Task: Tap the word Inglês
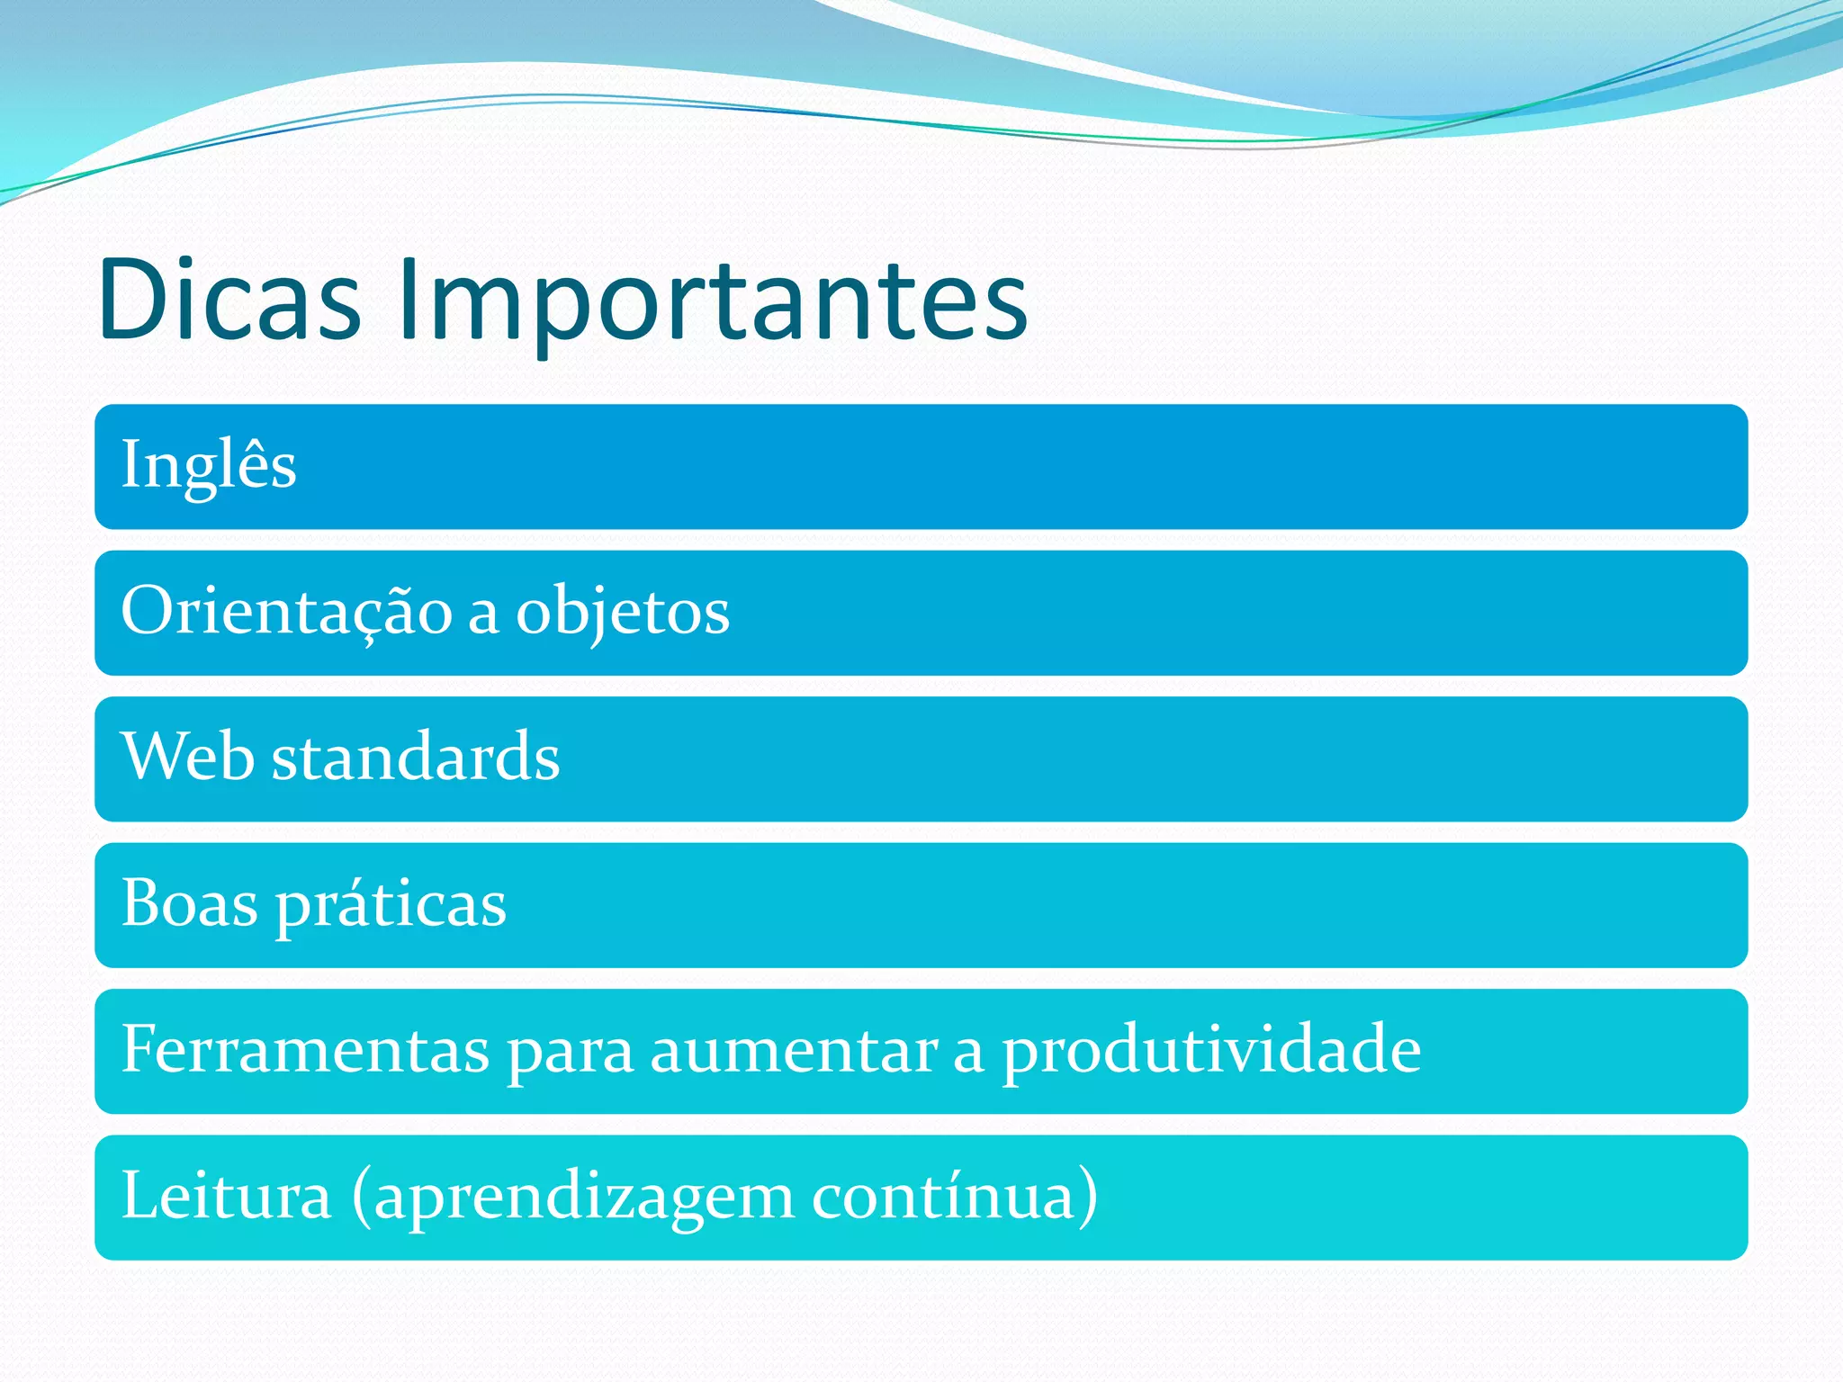(x=209, y=465)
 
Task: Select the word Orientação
(x=286, y=611)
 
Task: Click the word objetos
(x=622, y=613)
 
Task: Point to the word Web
(x=187, y=757)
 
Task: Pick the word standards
(x=416, y=757)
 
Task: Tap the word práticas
(x=391, y=904)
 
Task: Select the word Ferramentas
(x=305, y=1049)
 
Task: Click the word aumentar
(x=794, y=1051)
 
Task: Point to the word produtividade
(x=1211, y=1051)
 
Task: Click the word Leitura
(x=226, y=1196)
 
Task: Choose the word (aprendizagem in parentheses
(x=573, y=1198)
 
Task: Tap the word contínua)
(x=954, y=1196)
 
